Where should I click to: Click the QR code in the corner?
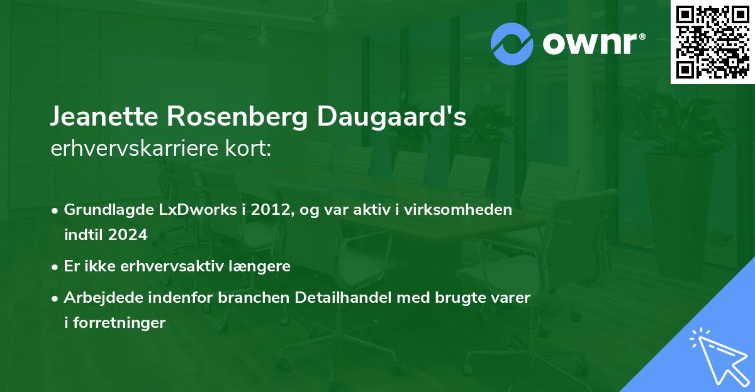tap(713, 42)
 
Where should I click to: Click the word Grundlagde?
tap(103, 210)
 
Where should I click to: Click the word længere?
tap(263, 266)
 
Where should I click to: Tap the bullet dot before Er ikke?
tap(55, 266)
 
